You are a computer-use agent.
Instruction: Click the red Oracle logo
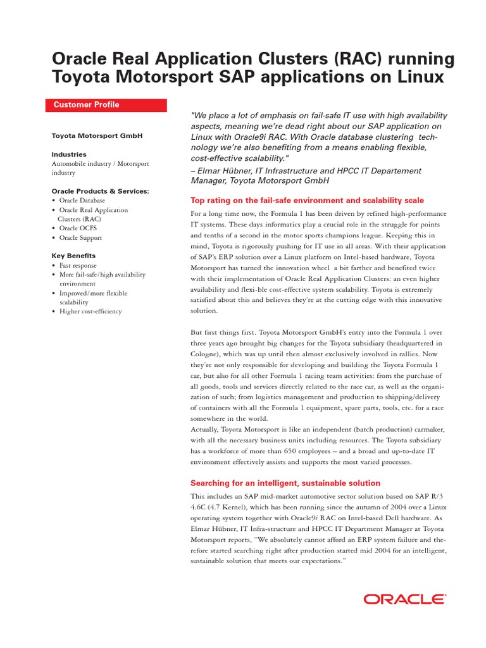pyautogui.click(x=404, y=599)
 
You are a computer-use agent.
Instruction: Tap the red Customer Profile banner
pyautogui.click(x=106, y=105)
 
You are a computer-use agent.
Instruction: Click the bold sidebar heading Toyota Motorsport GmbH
pyautogui.click(x=96, y=135)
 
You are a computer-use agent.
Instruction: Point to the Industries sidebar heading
pyautogui.click(x=69, y=154)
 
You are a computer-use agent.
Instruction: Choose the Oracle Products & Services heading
pyautogui.click(x=100, y=191)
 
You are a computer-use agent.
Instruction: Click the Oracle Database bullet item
pyautogui.click(x=82, y=201)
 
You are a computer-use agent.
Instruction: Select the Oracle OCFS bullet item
pyautogui.click(x=80, y=228)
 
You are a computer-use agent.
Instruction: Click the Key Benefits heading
pyautogui.click(x=73, y=256)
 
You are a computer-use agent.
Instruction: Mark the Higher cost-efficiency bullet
pyautogui.click(x=90, y=311)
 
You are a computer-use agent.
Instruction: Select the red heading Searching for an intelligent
pyautogui.click(x=285, y=483)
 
